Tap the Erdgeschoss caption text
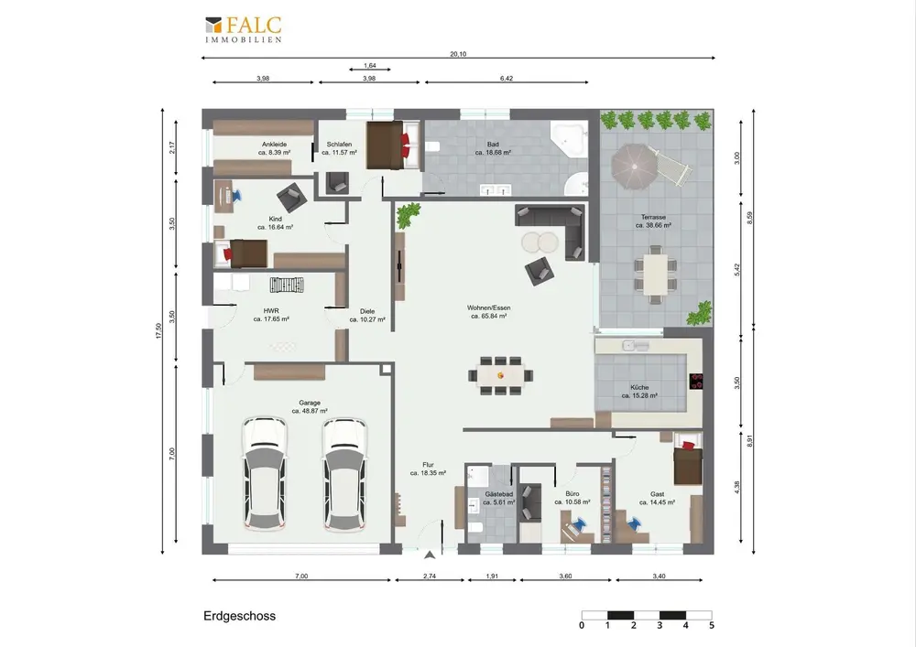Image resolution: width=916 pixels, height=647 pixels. pyautogui.click(x=239, y=616)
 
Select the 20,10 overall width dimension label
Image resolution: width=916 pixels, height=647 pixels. pyautogui.click(x=458, y=54)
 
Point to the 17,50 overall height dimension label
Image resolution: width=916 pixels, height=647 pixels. pyautogui.click(x=158, y=330)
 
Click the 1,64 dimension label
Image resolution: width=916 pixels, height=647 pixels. pyautogui.click(x=370, y=66)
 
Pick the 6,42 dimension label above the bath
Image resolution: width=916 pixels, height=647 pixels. pyautogui.click(x=507, y=78)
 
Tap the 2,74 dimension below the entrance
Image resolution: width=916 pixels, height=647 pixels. pyautogui.click(x=430, y=576)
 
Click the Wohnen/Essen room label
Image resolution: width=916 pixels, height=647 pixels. pyautogui.click(x=489, y=311)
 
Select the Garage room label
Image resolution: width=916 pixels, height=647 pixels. pyautogui.click(x=310, y=406)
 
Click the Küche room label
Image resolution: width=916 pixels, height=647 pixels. pyautogui.click(x=639, y=391)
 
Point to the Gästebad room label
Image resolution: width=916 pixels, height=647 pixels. pyautogui.click(x=499, y=498)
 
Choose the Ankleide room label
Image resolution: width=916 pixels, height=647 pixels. pyautogui.click(x=275, y=148)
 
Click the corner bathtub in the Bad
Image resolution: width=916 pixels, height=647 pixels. pyautogui.click(x=569, y=139)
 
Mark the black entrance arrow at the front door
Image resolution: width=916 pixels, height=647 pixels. pyautogui.click(x=430, y=555)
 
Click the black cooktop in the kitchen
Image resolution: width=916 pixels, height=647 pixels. pyautogui.click(x=696, y=381)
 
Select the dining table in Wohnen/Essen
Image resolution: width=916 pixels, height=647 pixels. pyautogui.click(x=501, y=376)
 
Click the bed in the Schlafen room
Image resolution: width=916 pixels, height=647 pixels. pyautogui.click(x=393, y=146)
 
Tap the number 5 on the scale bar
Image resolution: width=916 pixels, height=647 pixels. pyautogui.click(x=712, y=625)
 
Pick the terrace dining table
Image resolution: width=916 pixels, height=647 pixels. pyautogui.click(x=656, y=275)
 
